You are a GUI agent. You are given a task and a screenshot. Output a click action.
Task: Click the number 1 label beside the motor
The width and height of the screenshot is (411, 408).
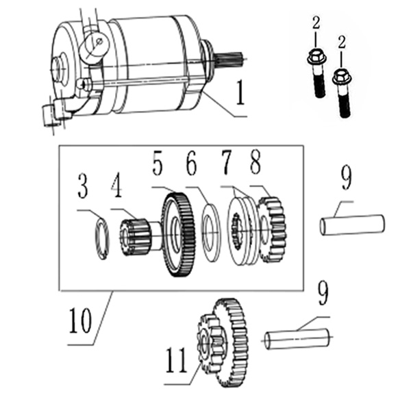[240, 92]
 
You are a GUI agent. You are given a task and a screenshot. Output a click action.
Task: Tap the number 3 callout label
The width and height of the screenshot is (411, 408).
[82, 186]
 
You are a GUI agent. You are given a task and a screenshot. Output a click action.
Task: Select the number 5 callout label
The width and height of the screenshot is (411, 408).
[158, 166]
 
